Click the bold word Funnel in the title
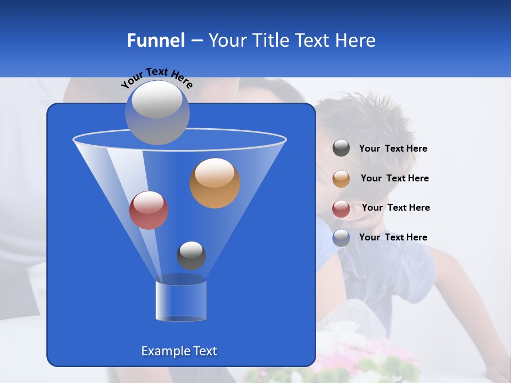click(155, 40)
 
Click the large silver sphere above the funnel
click(157, 112)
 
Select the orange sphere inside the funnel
click(215, 182)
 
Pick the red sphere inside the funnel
click(149, 210)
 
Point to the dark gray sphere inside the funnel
click(191, 255)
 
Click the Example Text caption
click(179, 351)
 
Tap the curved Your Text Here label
click(157, 78)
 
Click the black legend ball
click(341, 148)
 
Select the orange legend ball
click(341, 179)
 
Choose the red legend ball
click(341, 208)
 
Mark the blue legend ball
click(341, 238)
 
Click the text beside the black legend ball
click(393, 149)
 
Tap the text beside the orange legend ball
click(394, 179)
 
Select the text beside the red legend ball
click(395, 208)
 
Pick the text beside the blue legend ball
click(393, 238)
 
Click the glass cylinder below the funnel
click(180, 301)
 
